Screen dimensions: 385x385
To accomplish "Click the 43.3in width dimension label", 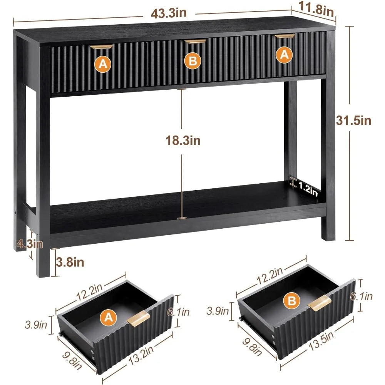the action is pyautogui.click(x=169, y=13).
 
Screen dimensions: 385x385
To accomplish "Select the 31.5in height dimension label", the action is pyautogui.click(x=353, y=121).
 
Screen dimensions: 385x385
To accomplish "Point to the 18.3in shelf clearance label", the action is pyautogui.click(x=183, y=141).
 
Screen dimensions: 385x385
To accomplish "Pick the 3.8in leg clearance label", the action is pyautogui.click(x=70, y=263).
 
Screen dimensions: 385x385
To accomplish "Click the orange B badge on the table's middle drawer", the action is pyautogui.click(x=193, y=61).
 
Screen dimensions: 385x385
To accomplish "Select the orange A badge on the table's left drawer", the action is pyautogui.click(x=103, y=64).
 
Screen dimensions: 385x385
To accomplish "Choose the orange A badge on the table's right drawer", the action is pyautogui.click(x=284, y=55).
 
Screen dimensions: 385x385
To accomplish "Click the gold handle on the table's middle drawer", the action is pyautogui.click(x=195, y=42).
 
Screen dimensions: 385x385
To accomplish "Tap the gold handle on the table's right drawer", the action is pyautogui.click(x=285, y=36).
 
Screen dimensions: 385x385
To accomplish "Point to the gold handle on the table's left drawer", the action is pyautogui.click(x=101, y=47).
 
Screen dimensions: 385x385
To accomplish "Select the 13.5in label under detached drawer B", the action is pyautogui.click(x=321, y=341).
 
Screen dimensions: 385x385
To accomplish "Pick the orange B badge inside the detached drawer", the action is pyautogui.click(x=292, y=300).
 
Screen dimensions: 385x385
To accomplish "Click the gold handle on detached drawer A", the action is pyautogui.click(x=139, y=318).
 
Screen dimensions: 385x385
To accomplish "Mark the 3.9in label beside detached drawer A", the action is pyautogui.click(x=36, y=325).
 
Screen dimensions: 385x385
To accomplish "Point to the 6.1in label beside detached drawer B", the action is pyautogui.click(x=361, y=296).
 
